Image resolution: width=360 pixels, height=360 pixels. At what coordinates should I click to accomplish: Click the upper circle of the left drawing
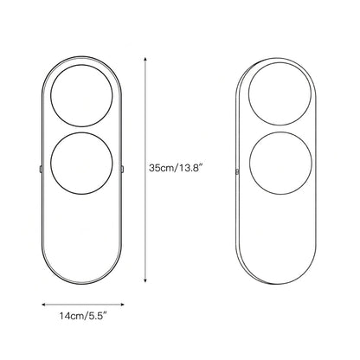coord(81,65)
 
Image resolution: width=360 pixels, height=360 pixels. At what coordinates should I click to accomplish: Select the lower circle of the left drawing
coord(81,132)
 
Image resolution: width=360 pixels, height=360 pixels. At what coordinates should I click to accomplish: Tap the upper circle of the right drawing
coord(280,63)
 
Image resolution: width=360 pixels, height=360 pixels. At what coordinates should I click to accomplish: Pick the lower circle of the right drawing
coord(280,132)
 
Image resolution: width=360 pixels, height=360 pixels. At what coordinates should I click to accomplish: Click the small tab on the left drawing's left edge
coord(41,169)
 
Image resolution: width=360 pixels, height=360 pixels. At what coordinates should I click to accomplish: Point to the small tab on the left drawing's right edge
coord(123,169)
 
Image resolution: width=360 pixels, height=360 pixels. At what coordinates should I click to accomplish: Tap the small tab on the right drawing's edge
coord(237,172)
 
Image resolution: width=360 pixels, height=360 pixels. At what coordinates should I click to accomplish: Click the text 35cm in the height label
coord(161,168)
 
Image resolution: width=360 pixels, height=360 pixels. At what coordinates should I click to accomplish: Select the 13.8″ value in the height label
coord(190,168)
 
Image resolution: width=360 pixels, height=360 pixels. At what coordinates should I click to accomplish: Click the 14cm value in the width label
coord(72,316)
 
